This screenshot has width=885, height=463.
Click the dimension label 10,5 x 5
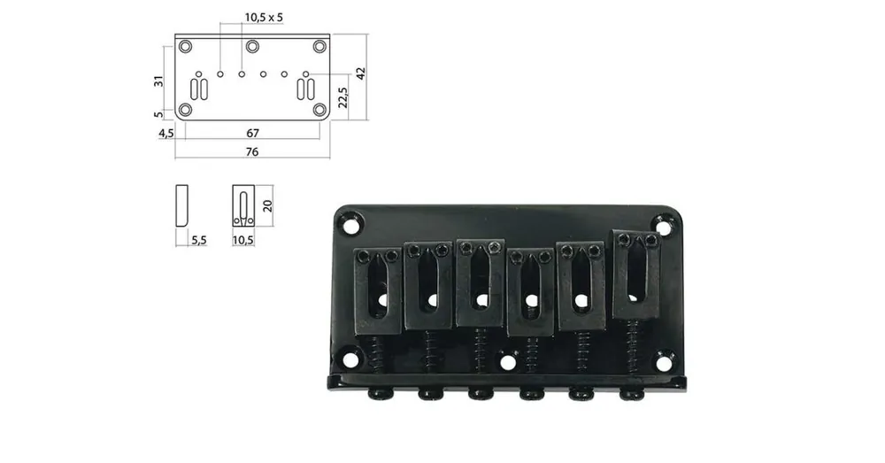click(264, 18)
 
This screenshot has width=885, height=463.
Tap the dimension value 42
click(361, 73)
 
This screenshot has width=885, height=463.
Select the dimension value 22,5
click(342, 97)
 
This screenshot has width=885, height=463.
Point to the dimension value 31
click(159, 81)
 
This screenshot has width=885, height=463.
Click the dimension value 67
click(252, 134)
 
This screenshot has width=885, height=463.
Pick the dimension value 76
click(251, 152)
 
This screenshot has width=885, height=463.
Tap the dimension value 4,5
click(166, 134)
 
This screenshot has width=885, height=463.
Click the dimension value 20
click(267, 205)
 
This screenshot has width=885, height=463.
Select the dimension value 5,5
click(198, 240)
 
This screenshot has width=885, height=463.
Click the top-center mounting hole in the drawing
click(252, 46)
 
